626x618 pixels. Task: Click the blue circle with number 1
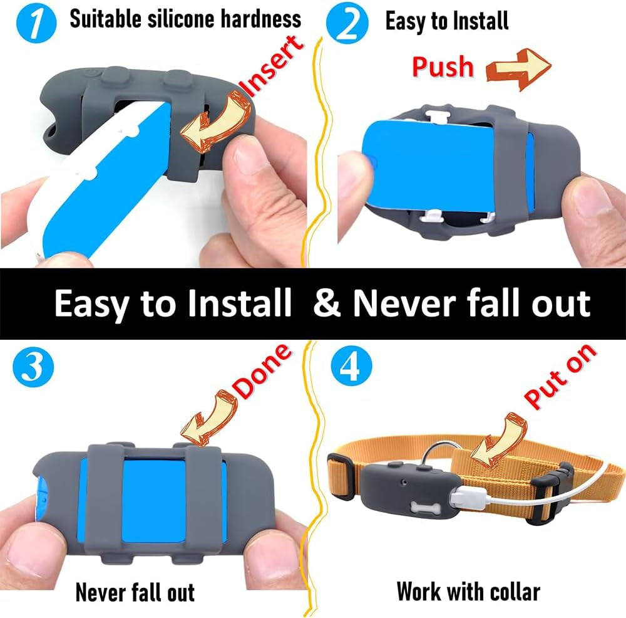point(29,24)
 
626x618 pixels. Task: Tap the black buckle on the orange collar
point(556,495)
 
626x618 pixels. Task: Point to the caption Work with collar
point(468,591)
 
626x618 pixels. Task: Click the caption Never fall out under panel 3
point(135,591)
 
